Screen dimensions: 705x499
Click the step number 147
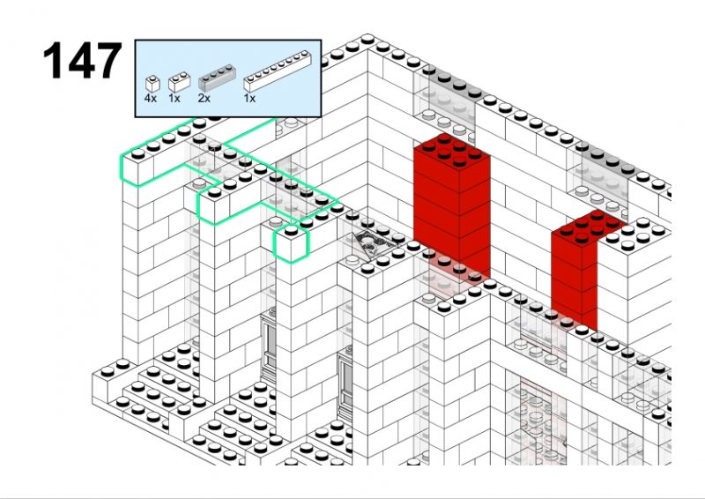pyautogui.click(x=82, y=61)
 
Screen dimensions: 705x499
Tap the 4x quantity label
pyautogui.click(x=151, y=98)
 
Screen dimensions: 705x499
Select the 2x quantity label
pyautogui.click(x=204, y=98)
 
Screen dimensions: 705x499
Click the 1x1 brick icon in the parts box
pyautogui.click(x=152, y=84)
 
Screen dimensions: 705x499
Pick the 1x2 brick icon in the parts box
pyautogui.click(x=179, y=82)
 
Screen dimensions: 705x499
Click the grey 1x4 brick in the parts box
pyautogui.click(x=217, y=78)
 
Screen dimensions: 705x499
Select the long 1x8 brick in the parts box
pyautogui.click(x=278, y=71)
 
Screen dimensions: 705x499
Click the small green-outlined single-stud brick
pyautogui.click(x=292, y=244)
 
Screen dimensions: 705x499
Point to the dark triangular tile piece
pyautogui.click(x=374, y=245)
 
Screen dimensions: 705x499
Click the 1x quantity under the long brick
pyautogui.click(x=249, y=98)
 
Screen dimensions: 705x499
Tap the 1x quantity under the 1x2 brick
pyautogui.click(x=174, y=98)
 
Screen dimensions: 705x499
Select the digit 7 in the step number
pyautogui.click(x=108, y=61)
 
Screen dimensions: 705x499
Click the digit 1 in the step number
pyautogui.click(x=52, y=61)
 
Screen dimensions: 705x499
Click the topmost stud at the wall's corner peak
pyautogui.click(x=367, y=40)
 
